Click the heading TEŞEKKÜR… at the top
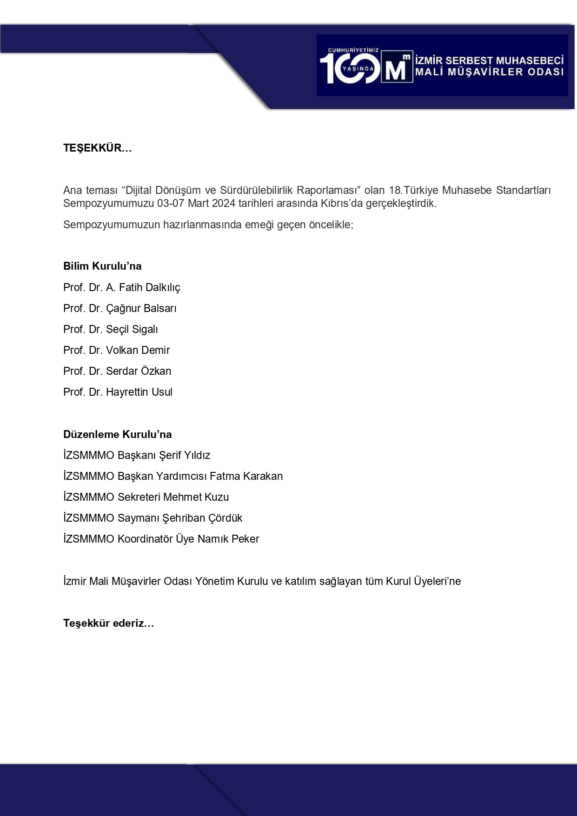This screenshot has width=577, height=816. [98, 148]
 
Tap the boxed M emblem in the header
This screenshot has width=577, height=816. [397, 67]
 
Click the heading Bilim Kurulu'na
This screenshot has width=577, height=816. [102, 266]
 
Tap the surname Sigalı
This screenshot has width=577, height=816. [146, 330]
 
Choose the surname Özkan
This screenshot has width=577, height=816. [158, 372]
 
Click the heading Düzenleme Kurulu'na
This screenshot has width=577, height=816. [118, 435]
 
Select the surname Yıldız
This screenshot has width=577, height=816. [198, 456]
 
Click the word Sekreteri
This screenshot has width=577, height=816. [139, 498]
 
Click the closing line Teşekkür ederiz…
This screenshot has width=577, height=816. [108, 624]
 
